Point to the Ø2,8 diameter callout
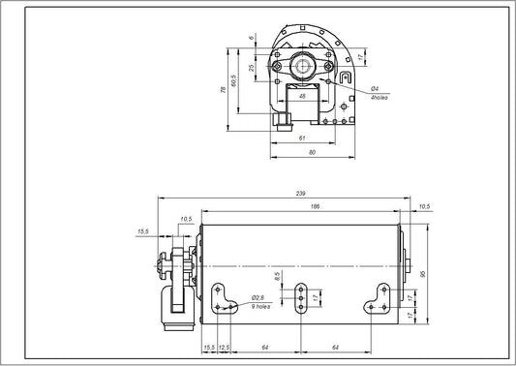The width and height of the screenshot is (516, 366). [258, 297]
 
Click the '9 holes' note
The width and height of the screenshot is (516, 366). [260, 306]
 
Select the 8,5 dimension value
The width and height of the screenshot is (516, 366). [277, 277]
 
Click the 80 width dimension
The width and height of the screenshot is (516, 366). [312, 152]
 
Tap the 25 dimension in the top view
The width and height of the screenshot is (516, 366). [253, 67]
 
